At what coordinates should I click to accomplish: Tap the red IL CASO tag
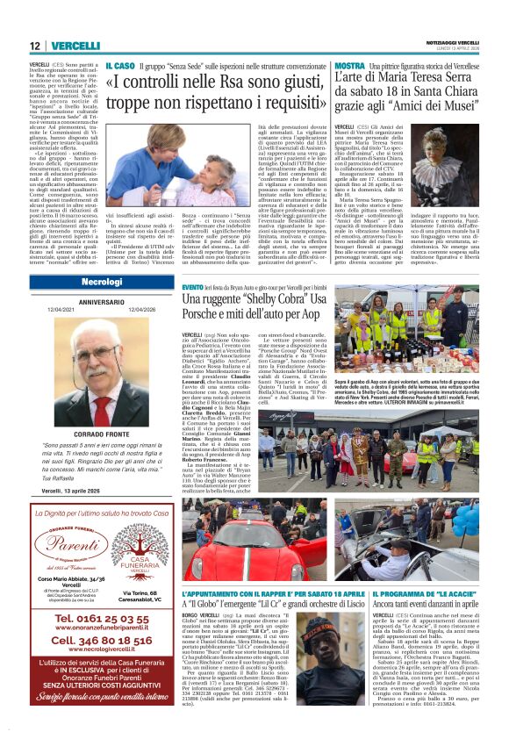(x=119, y=66)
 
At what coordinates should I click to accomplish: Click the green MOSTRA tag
(x=348, y=66)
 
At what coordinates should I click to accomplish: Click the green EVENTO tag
(x=192, y=287)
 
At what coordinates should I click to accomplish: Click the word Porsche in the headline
(x=204, y=316)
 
